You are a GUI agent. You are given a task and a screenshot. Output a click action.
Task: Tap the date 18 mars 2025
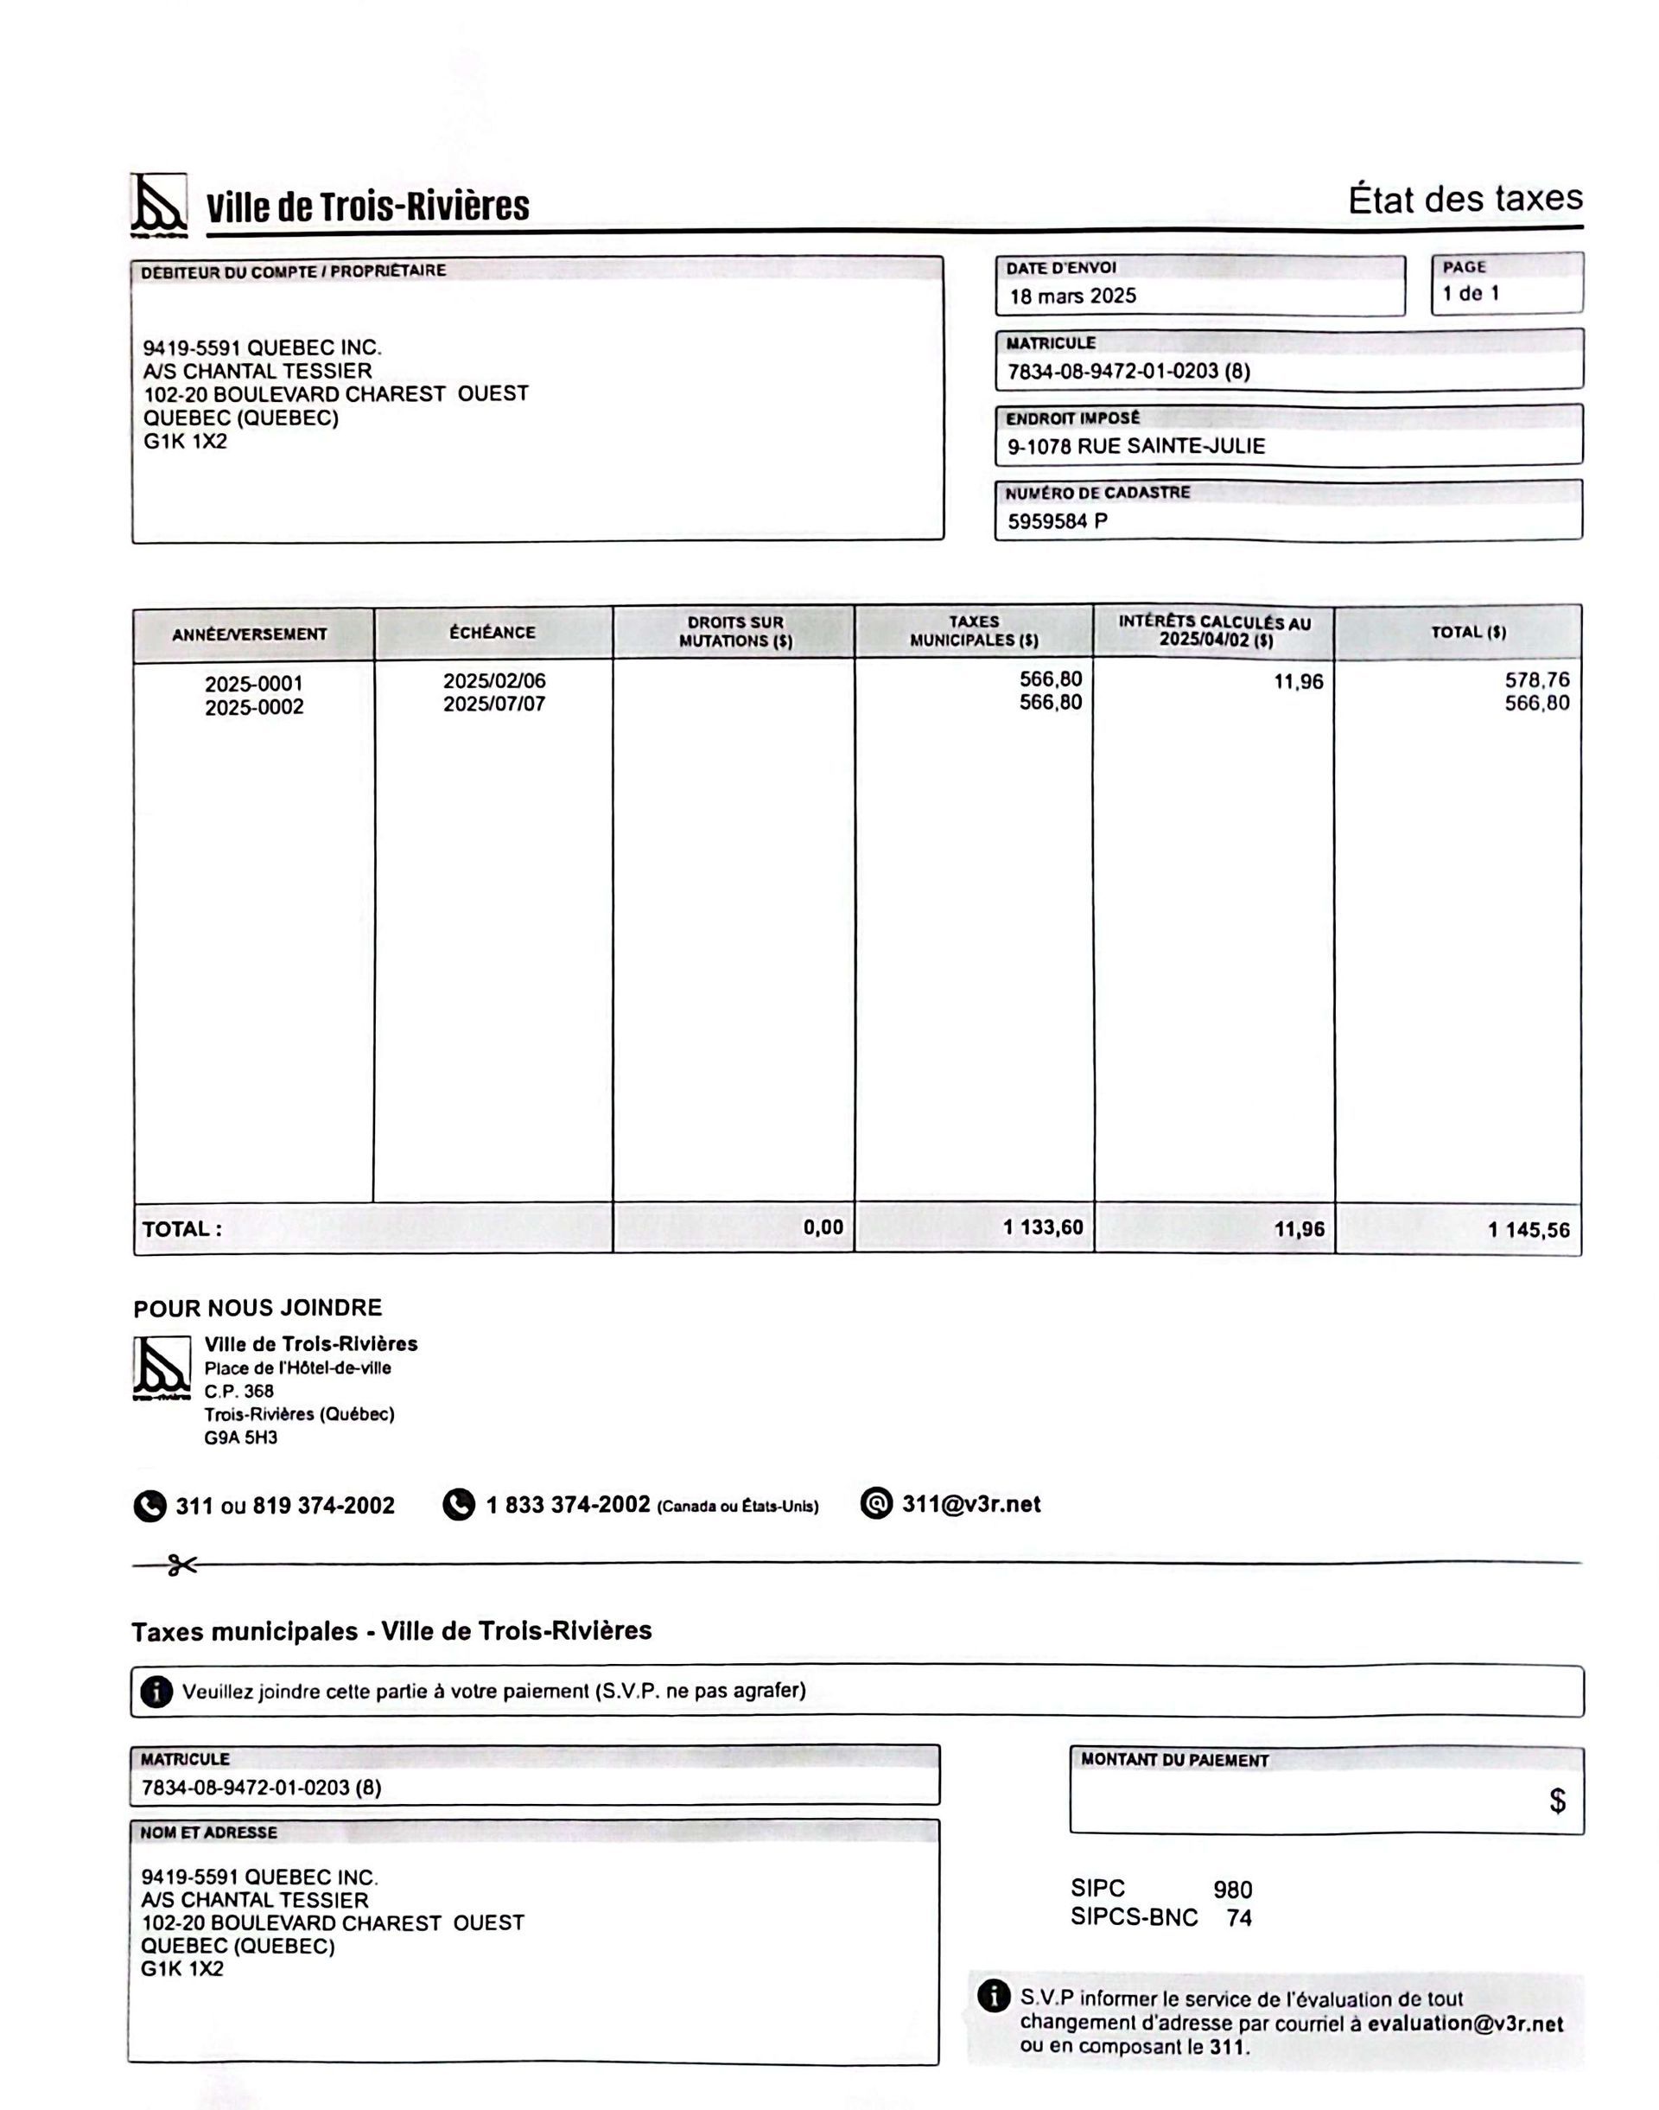[x=1072, y=296]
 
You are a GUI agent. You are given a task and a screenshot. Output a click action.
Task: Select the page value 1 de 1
[x=1471, y=293]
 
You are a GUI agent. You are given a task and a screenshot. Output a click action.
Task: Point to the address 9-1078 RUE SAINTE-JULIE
[x=1135, y=447]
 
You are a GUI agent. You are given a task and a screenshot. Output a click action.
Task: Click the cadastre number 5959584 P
[x=1057, y=522]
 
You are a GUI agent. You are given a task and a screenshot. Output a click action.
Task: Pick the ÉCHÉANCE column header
[x=493, y=633]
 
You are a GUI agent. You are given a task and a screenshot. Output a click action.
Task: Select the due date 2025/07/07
[x=494, y=704]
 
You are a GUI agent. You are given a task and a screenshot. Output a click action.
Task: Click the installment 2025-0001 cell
[x=253, y=684]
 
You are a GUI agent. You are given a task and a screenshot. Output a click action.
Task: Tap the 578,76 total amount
[x=1536, y=680]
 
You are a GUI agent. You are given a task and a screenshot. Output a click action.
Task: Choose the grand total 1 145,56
[x=1528, y=1230]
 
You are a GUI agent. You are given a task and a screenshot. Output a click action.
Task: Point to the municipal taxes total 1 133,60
[x=1042, y=1228]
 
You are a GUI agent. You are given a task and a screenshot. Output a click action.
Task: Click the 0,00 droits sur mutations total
[x=823, y=1228]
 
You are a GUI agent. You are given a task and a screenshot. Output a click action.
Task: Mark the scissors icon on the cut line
[x=181, y=1565]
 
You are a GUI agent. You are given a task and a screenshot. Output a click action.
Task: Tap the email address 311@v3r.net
[x=970, y=1505]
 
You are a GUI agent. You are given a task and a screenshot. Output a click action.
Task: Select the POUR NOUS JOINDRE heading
[x=257, y=1308]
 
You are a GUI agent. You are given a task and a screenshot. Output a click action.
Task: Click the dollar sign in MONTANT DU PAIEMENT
[x=1557, y=1801]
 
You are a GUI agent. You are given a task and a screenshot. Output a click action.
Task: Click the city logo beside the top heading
[x=158, y=204]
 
